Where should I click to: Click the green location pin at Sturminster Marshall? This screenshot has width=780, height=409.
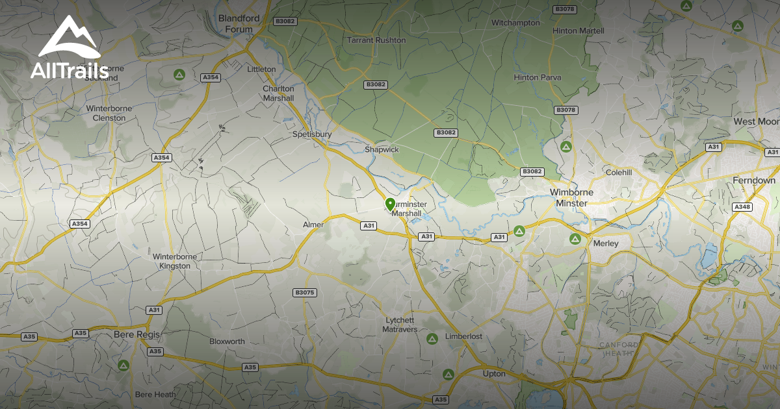click(x=390, y=204)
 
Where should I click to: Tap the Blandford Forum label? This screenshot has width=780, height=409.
click(x=239, y=24)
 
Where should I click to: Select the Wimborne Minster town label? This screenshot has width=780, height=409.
click(x=569, y=197)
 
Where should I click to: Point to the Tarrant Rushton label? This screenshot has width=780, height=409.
click(x=376, y=40)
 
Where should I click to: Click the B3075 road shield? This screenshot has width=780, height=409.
click(x=304, y=293)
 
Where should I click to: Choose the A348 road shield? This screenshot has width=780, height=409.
click(x=742, y=206)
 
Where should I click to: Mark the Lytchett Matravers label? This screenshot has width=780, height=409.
click(x=400, y=325)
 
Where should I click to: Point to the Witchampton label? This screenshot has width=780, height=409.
click(x=515, y=23)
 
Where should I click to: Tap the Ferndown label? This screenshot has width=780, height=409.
click(x=754, y=180)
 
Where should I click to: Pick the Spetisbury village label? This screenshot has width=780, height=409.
click(x=312, y=134)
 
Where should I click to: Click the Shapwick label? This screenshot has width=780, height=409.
click(x=381, y=149)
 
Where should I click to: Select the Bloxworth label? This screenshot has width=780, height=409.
click(x=227, y=341)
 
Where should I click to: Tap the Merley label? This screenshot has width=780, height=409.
click(x=606, y=243)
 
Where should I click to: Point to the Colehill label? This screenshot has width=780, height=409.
click(x=618, y=173)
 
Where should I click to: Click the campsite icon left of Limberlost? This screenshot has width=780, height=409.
click(x=432, y=339)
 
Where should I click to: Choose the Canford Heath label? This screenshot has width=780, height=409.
click(x=618, y=349)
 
